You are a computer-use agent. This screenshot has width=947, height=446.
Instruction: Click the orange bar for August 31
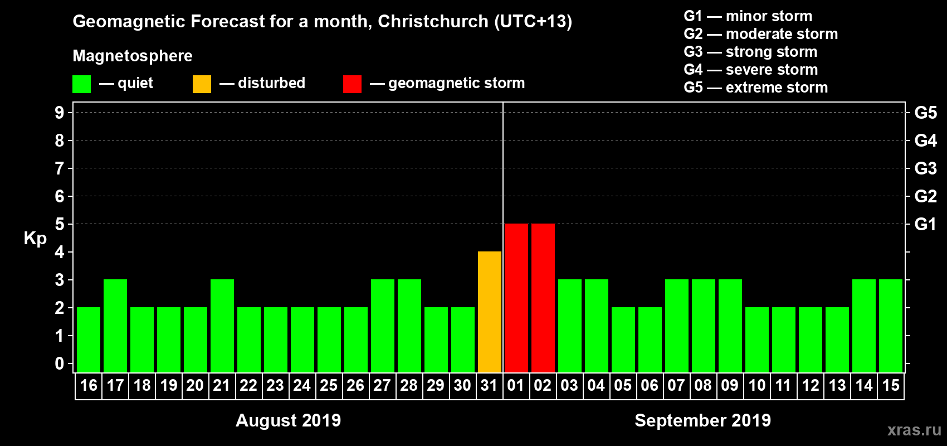point(489,312)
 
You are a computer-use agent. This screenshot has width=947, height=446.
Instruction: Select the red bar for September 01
point(516,298)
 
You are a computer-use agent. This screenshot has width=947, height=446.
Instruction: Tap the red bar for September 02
point(543,298)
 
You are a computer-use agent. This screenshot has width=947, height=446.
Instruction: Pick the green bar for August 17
point(115,326)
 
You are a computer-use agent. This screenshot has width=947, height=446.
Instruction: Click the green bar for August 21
point(222,326)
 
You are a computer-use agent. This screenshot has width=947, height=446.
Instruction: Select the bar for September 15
point(891,326)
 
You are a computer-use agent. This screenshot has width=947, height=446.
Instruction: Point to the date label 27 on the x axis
point(382,386)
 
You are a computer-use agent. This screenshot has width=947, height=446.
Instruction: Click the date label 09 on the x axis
point(730,386)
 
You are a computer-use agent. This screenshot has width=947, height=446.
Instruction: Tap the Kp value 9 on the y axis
point(60,113)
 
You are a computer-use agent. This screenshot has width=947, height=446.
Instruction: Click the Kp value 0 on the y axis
point(60,363)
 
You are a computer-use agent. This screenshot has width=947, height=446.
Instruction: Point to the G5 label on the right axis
point(925,113)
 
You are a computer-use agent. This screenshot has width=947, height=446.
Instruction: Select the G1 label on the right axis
point(925,224)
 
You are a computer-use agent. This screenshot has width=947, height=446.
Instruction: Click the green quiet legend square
point(81,84)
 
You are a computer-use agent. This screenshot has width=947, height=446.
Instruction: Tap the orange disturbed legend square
point(202,84)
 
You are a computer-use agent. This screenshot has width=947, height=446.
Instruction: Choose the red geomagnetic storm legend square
point(352,84)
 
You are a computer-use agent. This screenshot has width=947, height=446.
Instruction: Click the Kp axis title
point(35,238)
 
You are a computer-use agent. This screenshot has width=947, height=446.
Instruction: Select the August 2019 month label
point(288,420)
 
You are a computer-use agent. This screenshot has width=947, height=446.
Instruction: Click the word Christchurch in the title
point(433,21)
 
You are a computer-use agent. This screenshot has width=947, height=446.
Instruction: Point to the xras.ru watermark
point(914,430)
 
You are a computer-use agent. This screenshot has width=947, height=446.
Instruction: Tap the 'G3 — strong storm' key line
point(750,52)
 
